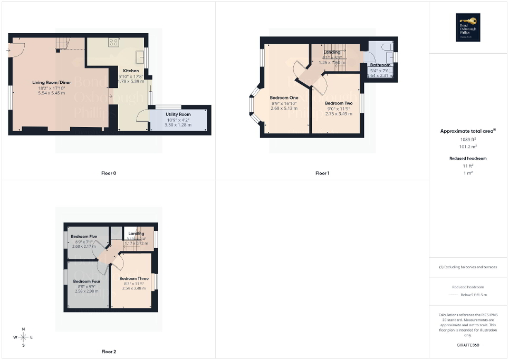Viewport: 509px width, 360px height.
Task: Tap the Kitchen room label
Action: click(131, 71)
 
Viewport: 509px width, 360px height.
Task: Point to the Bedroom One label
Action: click(284, 98)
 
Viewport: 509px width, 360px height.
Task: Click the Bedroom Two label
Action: click(339, 103)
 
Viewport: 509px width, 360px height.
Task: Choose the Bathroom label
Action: click(380, 65)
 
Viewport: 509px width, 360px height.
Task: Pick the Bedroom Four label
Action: click(87, 281)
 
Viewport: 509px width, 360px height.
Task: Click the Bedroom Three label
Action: click(134, 278)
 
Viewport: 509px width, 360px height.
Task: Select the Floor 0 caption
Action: click(109, 173)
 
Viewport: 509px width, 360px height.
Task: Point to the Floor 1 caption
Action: click(322, 173)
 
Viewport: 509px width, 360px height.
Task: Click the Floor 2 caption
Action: click(109, 351)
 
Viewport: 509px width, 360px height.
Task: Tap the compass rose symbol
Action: click(23, 337)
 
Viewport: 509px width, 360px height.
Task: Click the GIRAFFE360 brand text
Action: click(469, 345)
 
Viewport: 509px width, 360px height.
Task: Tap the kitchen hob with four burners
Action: click(113, 41)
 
